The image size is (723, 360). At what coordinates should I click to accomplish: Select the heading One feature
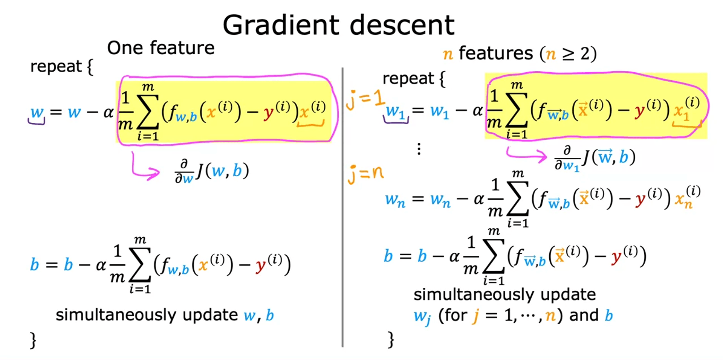161,48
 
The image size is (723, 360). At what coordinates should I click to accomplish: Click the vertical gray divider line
342,207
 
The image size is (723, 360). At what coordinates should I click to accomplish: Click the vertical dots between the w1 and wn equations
419,149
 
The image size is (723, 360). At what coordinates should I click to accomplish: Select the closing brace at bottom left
34,340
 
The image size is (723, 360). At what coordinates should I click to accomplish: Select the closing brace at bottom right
391,339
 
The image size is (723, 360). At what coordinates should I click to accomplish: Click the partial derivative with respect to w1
595,157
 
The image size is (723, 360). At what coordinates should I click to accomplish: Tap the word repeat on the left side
56,67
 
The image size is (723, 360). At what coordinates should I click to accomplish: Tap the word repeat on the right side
408,79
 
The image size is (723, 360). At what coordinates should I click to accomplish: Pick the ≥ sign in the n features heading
569,54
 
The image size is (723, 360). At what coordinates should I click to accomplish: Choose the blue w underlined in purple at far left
37,112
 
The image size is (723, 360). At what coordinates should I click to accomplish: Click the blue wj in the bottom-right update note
422,316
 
